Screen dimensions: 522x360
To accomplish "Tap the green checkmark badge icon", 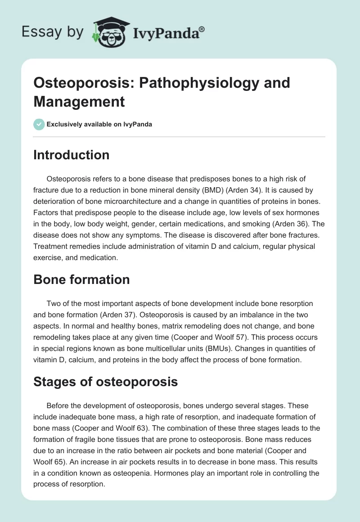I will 39,124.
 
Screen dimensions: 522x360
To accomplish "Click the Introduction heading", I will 72,155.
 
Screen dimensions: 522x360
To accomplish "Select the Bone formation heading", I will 81,279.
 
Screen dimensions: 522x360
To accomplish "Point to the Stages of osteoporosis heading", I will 106,382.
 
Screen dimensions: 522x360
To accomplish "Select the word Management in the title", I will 79,101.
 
